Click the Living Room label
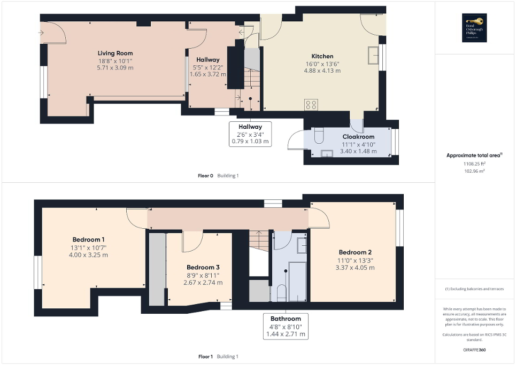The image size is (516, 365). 115,53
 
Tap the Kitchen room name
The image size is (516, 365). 322,56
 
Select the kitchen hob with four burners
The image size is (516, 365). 311,105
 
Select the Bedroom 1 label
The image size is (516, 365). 88,239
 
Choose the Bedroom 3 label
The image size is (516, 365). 203,267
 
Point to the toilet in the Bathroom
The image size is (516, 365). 281,293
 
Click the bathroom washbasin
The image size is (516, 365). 301,245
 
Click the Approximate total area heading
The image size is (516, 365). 474,156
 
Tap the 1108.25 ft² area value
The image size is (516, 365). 474,164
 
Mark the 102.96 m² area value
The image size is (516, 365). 474,171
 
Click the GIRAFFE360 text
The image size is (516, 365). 474,350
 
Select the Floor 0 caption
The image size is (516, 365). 205,175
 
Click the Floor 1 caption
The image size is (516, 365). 205,356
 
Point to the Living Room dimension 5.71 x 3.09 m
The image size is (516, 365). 115,68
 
